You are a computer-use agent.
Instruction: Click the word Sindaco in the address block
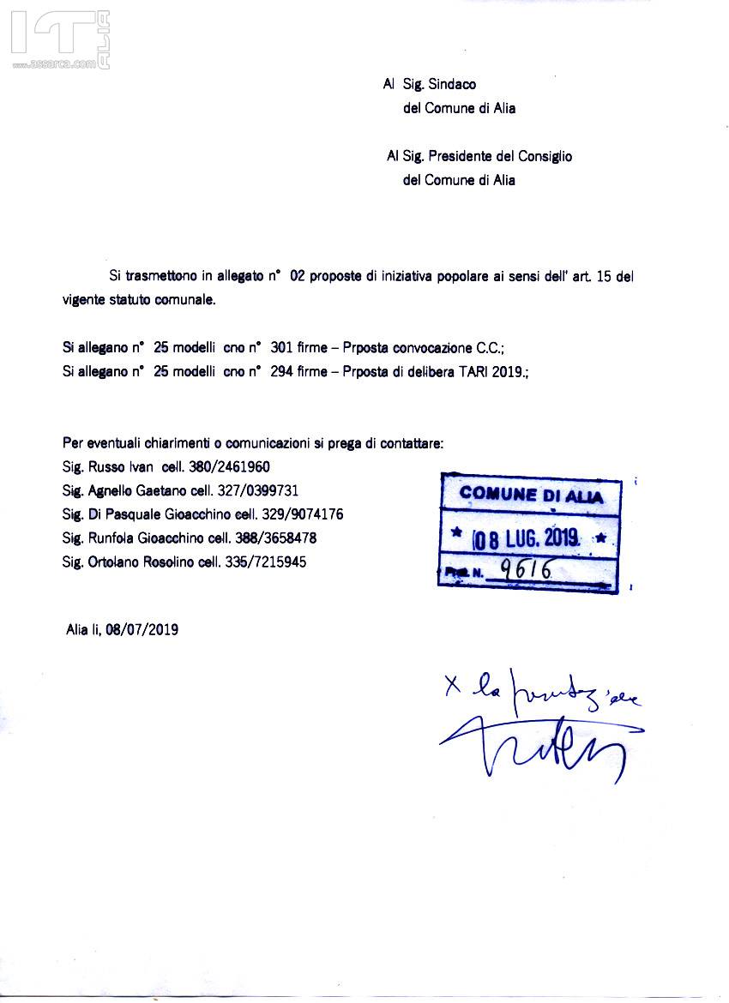click(451, 85)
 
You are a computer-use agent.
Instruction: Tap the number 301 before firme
click(281, 348)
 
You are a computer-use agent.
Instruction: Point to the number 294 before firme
click(281, 371)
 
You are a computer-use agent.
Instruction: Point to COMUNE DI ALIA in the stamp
click(531, 495)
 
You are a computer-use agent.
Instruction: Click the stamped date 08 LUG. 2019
click(528, 539)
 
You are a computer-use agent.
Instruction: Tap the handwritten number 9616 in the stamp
click(525, 569)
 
